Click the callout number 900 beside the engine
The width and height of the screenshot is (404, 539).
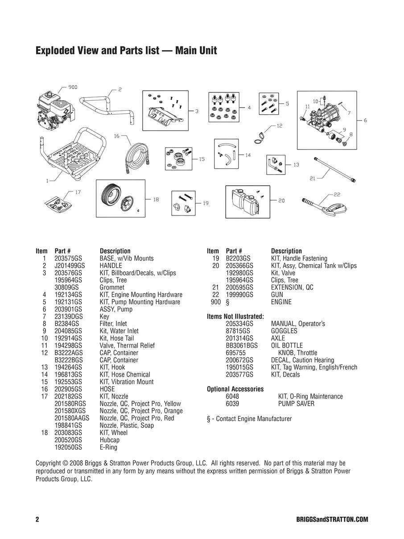click(x=73, y=87)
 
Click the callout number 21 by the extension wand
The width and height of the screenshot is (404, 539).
click(x=313, y=178)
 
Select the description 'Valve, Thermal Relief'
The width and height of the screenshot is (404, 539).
click(x=127, y=345)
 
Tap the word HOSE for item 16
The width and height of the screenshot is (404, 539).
click(x=107, y=389)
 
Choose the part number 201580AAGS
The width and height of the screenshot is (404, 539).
click(x=72, y=418)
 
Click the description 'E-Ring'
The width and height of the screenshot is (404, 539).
click(x=108, y=447)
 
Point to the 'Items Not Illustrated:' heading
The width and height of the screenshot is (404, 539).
click(x=235, y=316)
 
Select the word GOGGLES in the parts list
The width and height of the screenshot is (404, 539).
click(x=284, y=331)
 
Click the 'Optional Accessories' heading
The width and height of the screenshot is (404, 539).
click(x=235, y=389)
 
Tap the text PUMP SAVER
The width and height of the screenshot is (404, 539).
click(x=296, y=404)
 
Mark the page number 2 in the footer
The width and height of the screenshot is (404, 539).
click(x=37, y=519)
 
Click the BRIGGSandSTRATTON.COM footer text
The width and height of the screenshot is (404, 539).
click(x=332, y=519)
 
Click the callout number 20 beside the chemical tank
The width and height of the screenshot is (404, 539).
click(x=281, y=201)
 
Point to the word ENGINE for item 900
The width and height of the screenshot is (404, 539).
click(x=281, y=302)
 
